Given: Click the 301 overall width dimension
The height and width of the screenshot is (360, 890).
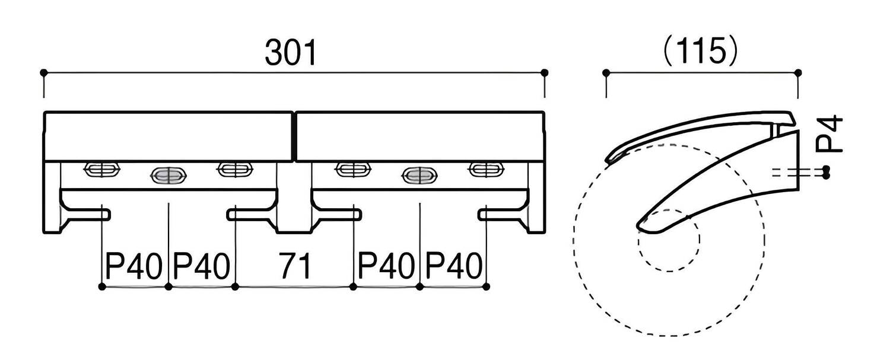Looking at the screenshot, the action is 291,52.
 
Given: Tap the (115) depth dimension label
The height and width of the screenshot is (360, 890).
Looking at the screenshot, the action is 701,52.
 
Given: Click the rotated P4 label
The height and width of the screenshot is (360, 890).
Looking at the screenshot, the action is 829,133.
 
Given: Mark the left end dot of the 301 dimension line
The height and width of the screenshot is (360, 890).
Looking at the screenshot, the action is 44,73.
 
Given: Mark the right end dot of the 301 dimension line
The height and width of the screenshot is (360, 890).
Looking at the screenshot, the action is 545,73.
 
